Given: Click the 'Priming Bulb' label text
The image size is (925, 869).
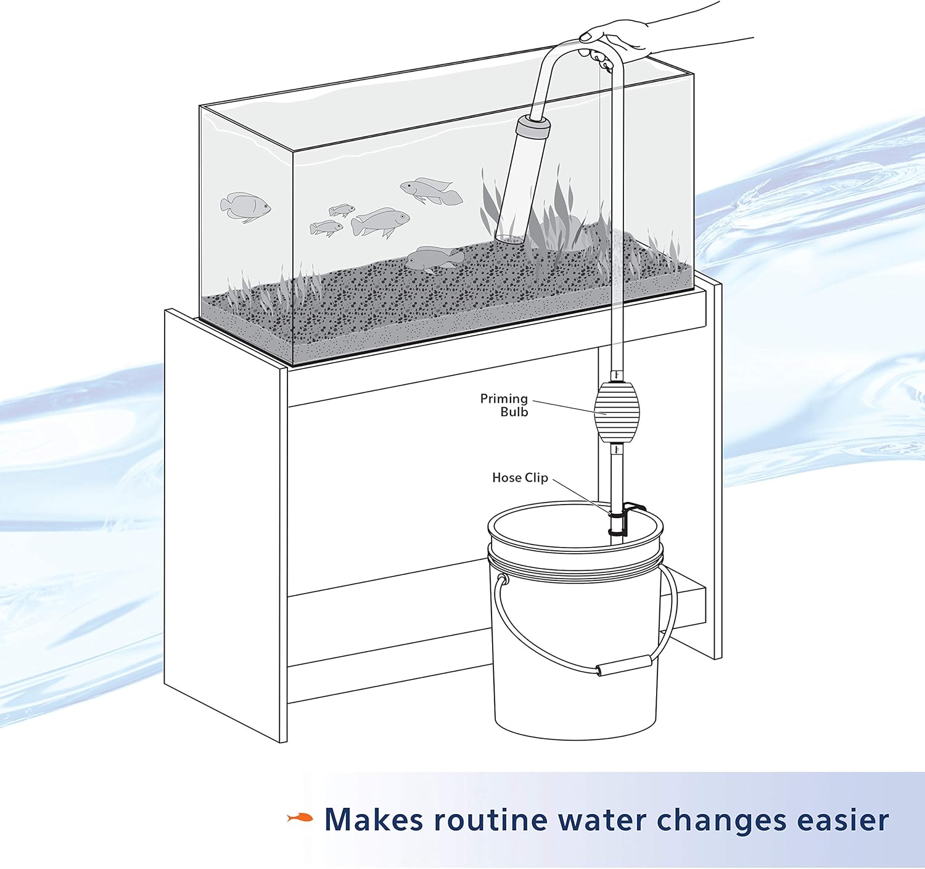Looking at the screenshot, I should point(504,405).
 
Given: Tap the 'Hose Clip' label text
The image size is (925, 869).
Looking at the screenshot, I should point(520,477).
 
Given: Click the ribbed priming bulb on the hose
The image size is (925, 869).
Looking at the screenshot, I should point(617,411).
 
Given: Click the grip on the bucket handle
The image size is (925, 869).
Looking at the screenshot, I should point(623,665).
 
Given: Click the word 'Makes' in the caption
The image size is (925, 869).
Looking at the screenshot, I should point(374,820).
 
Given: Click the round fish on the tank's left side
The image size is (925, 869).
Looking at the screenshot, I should point(245,205).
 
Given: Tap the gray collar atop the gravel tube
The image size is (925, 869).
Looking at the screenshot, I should point(533,128).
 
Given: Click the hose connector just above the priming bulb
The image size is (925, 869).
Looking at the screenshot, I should point(616,374).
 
